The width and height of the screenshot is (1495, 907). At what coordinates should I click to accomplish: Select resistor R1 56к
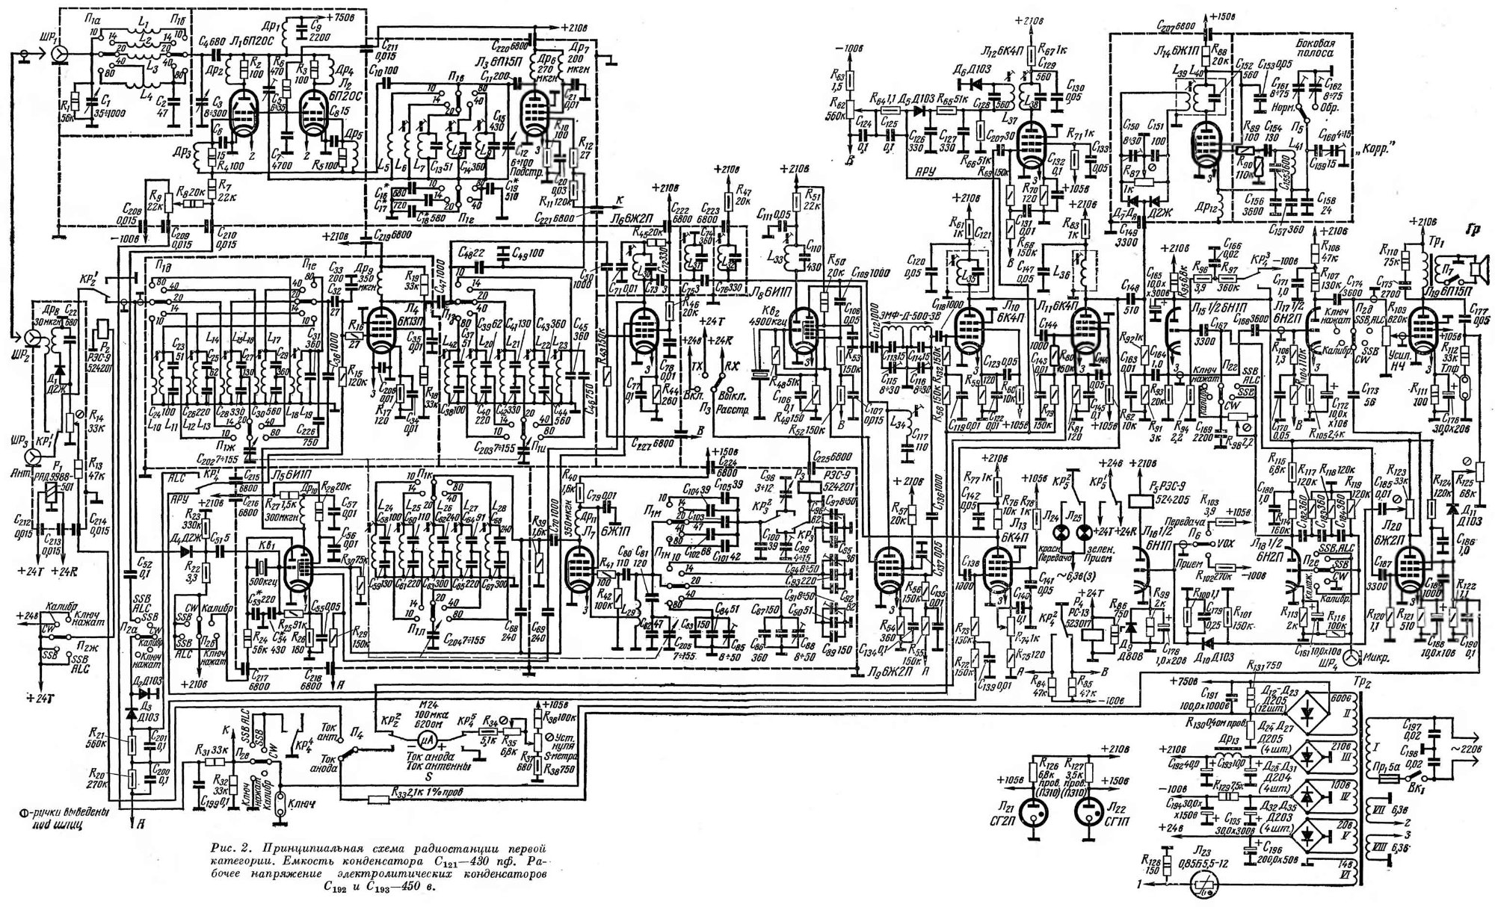click(68, 98)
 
